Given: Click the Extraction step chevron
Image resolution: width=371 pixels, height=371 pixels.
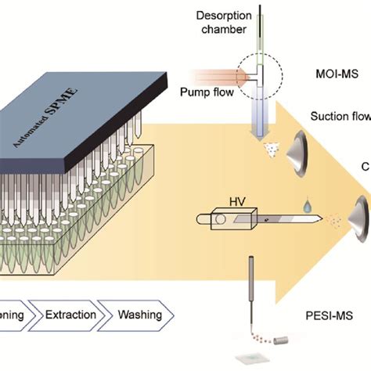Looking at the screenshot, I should click(x=71, y=315).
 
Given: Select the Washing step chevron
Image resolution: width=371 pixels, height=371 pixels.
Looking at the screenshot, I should click(x=140, y=315).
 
